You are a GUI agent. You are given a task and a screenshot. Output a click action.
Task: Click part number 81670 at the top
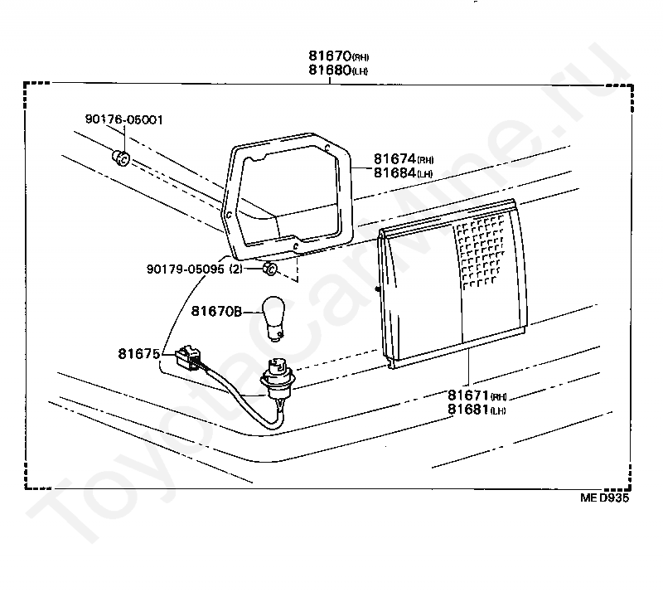click(330, 56)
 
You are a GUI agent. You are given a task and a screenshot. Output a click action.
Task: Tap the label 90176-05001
click(123, 119)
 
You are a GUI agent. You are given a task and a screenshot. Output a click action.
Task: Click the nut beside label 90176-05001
click(120, 158)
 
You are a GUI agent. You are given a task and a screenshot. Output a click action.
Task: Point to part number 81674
click(394, 158)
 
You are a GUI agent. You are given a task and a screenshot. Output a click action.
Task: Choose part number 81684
click(394, 172)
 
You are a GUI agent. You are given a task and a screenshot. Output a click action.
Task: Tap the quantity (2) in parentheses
click(236, 269)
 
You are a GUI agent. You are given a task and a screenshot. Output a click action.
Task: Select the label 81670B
click(215, 312)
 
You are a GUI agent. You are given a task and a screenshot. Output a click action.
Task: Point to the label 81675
click(138, 353)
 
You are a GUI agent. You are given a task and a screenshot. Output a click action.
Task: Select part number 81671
click(468, 396)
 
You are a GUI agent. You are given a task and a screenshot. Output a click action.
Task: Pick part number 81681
click(468, 410)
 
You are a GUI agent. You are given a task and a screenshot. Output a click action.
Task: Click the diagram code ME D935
click(605, 499)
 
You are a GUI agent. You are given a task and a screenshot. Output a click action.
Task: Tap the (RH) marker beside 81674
click(425, 160)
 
